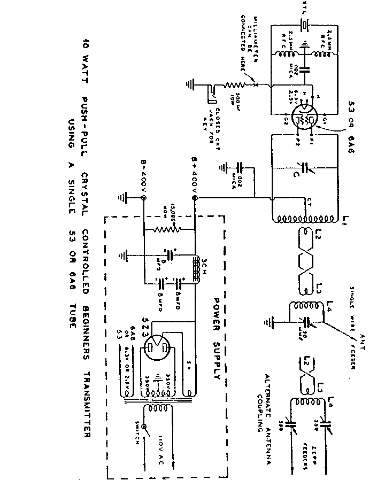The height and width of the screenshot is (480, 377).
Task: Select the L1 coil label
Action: pos(345,219)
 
